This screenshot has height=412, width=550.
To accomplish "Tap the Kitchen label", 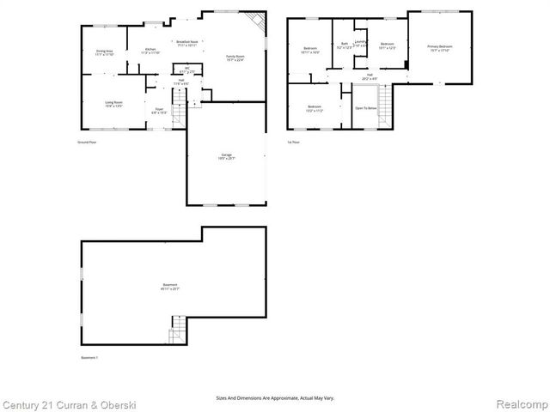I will [150, 51].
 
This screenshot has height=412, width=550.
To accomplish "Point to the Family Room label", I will [235, 58].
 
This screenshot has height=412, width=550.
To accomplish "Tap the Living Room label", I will [114, 104].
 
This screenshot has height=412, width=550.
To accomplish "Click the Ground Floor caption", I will [86, 142].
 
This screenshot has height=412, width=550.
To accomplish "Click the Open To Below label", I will [365, 108].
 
